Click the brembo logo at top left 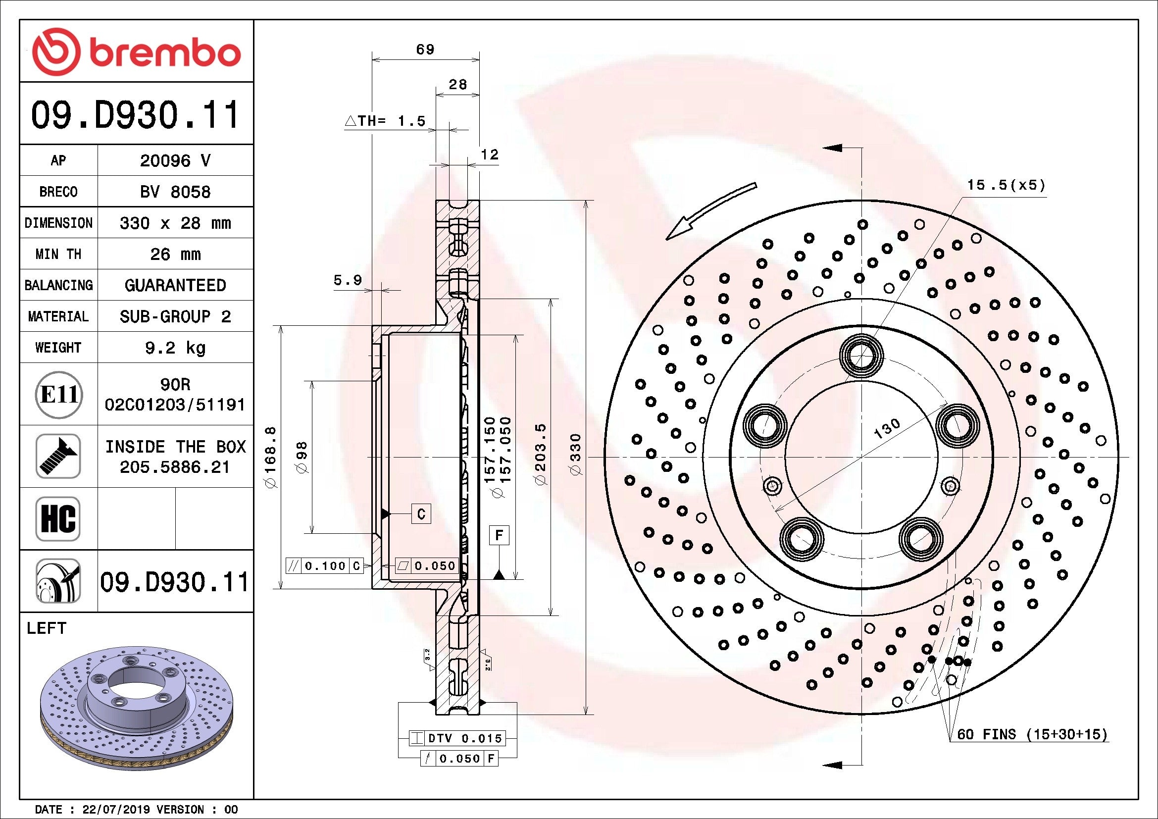click(136, 52)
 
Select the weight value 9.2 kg click(175, 348)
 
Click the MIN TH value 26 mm click(175, 254)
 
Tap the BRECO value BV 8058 click(175, 192)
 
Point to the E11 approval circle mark click(58, 394)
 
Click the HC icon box click(58, 518)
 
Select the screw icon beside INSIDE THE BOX click(58, 456)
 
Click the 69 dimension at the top click(425, 50)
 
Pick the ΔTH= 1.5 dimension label click(386, 121)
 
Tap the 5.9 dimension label click(348, 280)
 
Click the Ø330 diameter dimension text click(575, 454)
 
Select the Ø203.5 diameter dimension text click(540, 454)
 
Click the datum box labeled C click(421, 514)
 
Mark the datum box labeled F click(499, 535)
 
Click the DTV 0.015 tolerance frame click(457, 738)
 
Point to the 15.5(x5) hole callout click(1006, 185)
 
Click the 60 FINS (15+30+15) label click(1032, 734)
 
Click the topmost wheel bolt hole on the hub click(862, 356)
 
